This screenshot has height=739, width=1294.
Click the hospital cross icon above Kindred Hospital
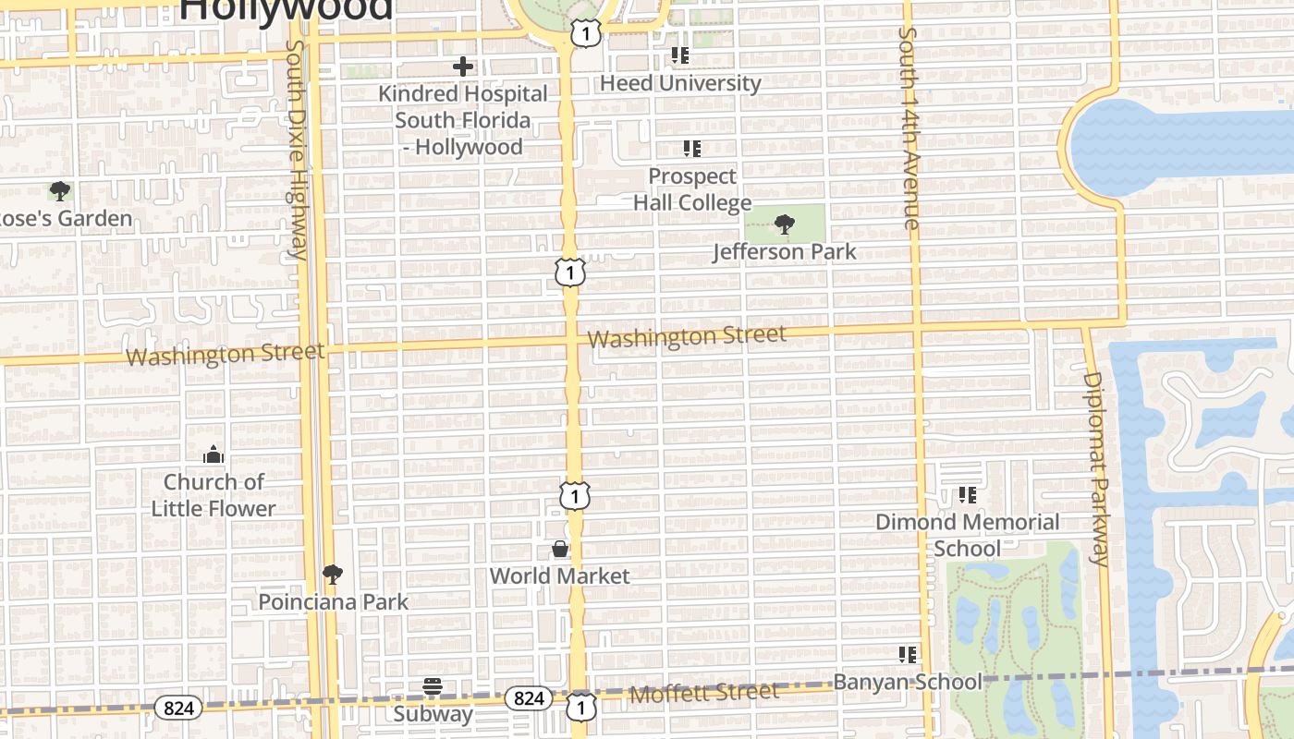tap(463, 67)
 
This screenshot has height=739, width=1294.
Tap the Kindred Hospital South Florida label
tap(462, 120)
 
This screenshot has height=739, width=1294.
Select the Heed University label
tap(680, 83)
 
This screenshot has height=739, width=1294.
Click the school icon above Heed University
tap(680, 55)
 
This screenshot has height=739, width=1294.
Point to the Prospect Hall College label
tap(692, 189)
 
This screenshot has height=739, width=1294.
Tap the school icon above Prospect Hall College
tap(691, 148)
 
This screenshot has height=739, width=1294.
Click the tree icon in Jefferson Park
tap(785, 224)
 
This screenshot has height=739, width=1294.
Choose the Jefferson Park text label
tap(785, 251)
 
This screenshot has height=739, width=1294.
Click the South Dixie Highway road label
tap(297, 148)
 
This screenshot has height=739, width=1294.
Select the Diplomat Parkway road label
tap(1095, 467)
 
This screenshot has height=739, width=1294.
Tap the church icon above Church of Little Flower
tap(214, 454)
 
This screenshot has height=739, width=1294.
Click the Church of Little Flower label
tap(214, 495)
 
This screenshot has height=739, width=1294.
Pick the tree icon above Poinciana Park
tap(333, 575)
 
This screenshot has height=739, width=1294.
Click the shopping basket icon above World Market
tap(560, 549)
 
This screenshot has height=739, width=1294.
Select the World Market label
tap(559, 576)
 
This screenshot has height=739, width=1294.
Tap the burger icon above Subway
tap(433, 686)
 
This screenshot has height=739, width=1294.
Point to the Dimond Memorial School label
tap(967, 535)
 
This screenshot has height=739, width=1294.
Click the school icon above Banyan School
tap(908, 655)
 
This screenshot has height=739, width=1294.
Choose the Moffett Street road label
tap(703, 693)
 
